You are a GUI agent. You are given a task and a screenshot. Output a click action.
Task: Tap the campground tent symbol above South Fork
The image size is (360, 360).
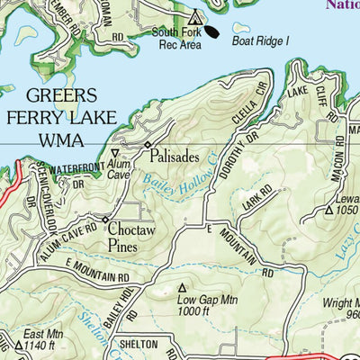pyautogui.click(x=195, y=16)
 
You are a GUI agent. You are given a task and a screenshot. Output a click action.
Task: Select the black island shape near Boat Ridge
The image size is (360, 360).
pyautogui.click(x=211, y=31)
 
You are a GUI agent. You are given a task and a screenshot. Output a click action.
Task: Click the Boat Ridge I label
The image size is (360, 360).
pyautogui.click(x=262, y=40)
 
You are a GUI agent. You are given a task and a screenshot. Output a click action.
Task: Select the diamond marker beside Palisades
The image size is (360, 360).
pyautogui.click(x=148, y=145)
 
